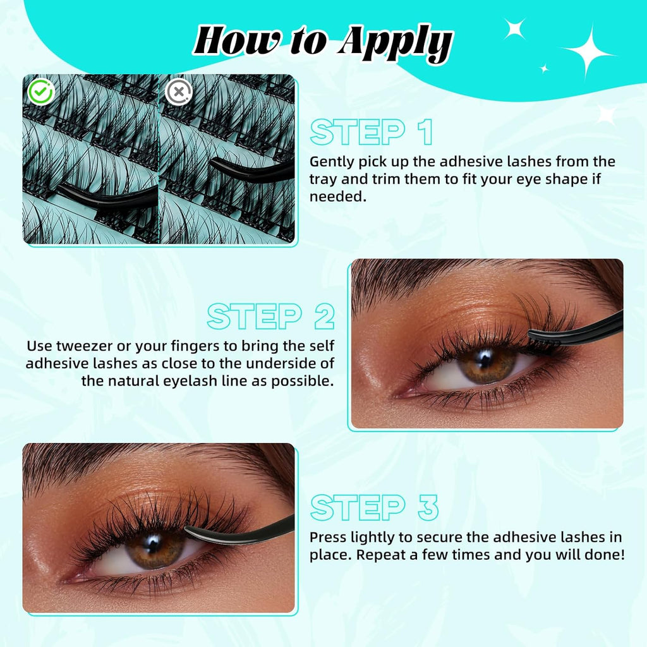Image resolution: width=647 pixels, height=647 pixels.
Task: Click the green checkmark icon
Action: point(41,92)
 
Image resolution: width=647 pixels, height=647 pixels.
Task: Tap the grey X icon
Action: point(178,92)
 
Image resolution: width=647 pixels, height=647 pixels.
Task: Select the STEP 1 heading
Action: point(372,133)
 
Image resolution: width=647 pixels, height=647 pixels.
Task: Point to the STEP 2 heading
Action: point(270,317)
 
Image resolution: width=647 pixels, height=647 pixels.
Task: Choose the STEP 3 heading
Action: point(374,508)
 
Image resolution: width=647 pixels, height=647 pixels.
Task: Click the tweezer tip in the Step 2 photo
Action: point(535,334)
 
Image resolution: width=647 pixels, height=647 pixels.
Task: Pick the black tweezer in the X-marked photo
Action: point(253,169)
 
